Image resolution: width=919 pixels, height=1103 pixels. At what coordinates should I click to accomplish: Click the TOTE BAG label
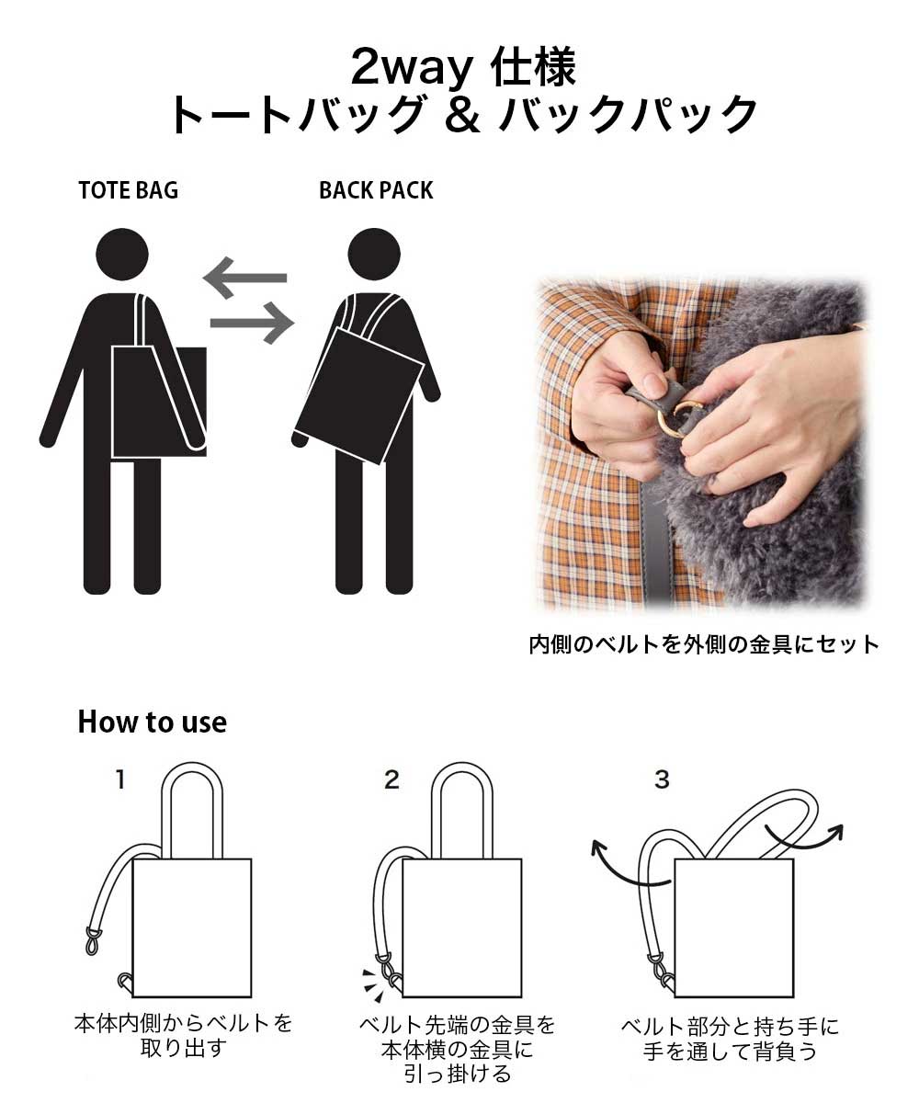[129, 190]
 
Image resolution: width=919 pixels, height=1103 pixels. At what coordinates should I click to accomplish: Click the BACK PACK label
[376, 190]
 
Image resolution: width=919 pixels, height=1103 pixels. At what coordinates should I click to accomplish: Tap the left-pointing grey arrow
[245, 278]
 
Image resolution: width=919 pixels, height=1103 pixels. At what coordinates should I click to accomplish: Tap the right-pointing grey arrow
[252, 323]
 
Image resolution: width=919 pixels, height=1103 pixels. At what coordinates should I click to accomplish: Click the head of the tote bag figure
[122, 254]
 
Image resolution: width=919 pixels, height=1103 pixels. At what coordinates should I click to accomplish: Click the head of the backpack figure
[374, 254]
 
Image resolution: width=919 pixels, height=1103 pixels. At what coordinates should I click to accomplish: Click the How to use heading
[153, 722]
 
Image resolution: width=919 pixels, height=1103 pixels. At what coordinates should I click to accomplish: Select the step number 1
[121, 779]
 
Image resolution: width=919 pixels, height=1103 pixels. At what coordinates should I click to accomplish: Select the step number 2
[391, 779]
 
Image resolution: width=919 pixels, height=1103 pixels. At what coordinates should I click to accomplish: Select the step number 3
[662, 779]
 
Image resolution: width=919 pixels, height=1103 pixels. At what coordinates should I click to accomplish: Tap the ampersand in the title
[462, 114]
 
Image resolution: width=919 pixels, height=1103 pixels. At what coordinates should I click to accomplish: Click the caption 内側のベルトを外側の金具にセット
[704, 644]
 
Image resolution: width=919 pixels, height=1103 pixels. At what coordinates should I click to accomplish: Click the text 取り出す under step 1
[183, 1048]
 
